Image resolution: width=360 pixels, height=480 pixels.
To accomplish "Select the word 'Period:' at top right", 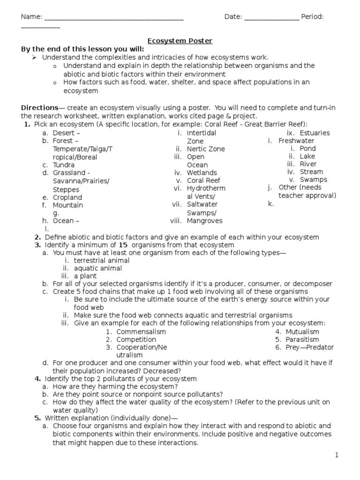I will pyautogui.click(x=313, y=17).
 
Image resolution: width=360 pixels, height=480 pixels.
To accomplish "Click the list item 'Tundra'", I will pyautogui.click(x=64, y=165).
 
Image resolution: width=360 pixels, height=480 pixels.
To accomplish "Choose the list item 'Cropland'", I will pyautogui.click(x=67, y=197).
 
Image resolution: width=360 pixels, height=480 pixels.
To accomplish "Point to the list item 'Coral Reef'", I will pyautogui.click(x=203, y=180).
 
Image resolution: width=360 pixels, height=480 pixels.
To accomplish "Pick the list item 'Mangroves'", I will pyautogui.click(x=204, y=221).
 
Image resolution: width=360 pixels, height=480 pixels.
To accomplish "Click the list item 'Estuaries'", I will pyautogui.click(x=315, y=133).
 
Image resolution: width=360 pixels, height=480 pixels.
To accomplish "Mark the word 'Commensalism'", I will pyautogui.click(x=141, y=332).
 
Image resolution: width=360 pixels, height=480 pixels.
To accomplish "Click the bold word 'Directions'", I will pyautogui.click(x=39, y=108).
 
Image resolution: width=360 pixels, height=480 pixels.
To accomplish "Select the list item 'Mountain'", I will pyautogui.click(x=67, y=205).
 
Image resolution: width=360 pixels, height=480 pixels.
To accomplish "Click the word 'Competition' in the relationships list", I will pyautogui.click(x=136, y=340).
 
